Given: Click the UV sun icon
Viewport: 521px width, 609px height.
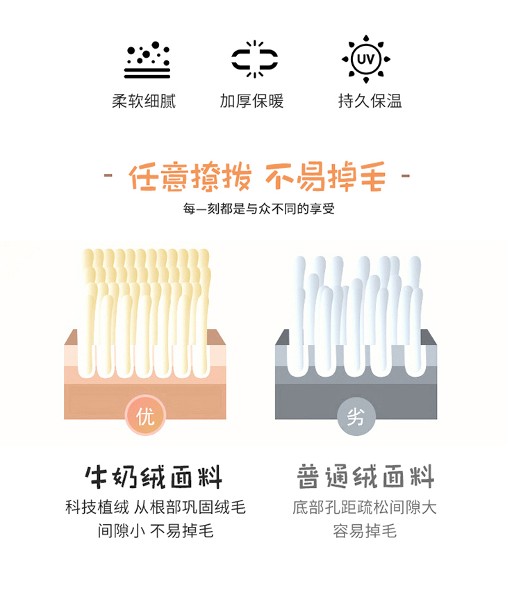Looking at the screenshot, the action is pos(365,59).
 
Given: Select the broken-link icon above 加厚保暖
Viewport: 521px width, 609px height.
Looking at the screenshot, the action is pos(254,59).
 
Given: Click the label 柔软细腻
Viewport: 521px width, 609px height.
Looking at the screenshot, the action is pos(144,101).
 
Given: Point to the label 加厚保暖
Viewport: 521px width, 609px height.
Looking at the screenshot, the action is pos(251,101).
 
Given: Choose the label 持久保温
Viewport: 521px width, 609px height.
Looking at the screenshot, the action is pos(370,101).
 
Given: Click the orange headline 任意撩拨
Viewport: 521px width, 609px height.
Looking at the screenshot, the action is pos(190,177).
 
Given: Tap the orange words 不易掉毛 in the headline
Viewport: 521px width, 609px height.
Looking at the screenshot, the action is pos(326,177).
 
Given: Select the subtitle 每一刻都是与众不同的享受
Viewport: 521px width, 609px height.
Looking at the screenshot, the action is pos(259,209).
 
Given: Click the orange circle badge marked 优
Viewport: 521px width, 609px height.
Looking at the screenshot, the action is pos(146,416).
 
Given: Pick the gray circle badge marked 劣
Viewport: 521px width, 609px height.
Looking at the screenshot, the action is pos(356,416).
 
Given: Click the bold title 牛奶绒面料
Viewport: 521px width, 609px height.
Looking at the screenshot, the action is pos(154,477).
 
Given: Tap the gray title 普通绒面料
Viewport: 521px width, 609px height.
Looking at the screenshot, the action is pos(365,476).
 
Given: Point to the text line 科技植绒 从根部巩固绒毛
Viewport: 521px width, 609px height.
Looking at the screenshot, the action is pos(156,507).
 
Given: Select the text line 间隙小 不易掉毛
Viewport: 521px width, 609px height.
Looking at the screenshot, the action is pos(156,530).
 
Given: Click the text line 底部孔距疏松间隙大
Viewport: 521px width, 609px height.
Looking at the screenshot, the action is pos(365,507).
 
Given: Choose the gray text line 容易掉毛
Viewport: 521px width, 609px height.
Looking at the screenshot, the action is pos(365,530).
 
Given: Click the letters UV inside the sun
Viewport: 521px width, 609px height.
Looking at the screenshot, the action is pos(365,59).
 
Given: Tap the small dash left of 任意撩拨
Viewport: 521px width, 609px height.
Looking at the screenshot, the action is pos(108,176).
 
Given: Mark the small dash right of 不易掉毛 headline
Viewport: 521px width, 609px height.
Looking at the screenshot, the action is pos(405,176).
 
